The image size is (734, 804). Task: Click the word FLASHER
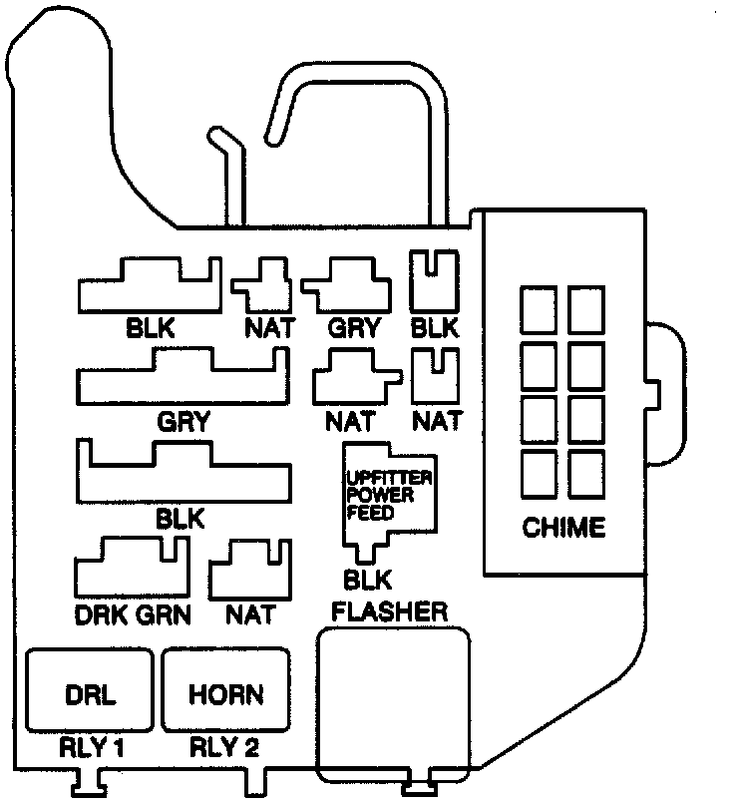click(x=390, y=610)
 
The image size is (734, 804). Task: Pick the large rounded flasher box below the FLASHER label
click(x=393, y=703)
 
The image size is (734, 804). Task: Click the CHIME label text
click(x=563, y=528)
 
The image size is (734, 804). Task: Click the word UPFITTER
click(x=388, y=478)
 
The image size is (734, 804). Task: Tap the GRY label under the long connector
click(x=183, y=422)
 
